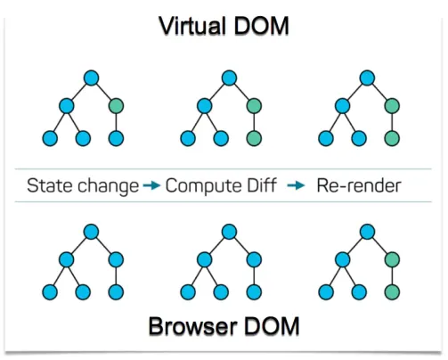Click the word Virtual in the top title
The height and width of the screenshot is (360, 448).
pyautogui.click(x=192, y=26)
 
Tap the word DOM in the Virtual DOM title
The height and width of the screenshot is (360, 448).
pyautogui.click(x=261, y=26)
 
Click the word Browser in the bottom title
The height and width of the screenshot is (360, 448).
pyautogui.click(x=193, y=326)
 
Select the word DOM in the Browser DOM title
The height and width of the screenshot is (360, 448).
pyautogui.click(x=272, y=326)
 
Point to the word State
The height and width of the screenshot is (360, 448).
pyautogui.click(x=50, y=185)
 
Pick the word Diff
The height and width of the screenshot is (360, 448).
pyautogui.click(x=262, y=185)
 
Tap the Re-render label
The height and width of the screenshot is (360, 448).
pyautogui.click(x=359, y=185)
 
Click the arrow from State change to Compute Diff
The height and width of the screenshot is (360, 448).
pyautogui.click(x=151, y=185)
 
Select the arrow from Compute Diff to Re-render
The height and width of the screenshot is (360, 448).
pyautogui.click(x=296, y=185)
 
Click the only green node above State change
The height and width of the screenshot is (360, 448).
pyautogui.click(x=116, y=106)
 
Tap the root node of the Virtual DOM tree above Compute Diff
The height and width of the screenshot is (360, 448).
pyautogui.click(x=229, y=78)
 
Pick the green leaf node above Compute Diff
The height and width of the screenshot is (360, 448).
pyautogui.click(x=254, y=138)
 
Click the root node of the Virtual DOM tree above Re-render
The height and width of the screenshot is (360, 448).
pyautogui.click(x=367, y=78)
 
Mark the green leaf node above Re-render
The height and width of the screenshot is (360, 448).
pyautogui.click(x=392, y=138)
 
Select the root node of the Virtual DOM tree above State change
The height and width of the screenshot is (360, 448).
pyautogui.click(x=91, y=78)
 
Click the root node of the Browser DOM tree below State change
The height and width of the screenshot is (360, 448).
pyautogui.click(x=91, y=232)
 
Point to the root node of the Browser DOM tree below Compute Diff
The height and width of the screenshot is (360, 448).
pyautogui.click(x=229, y=232)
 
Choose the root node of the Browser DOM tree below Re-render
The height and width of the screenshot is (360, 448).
pyautogui.click(x=367, y=232)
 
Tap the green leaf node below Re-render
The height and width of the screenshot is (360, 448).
pyautogui.click(x=392, y=292)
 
